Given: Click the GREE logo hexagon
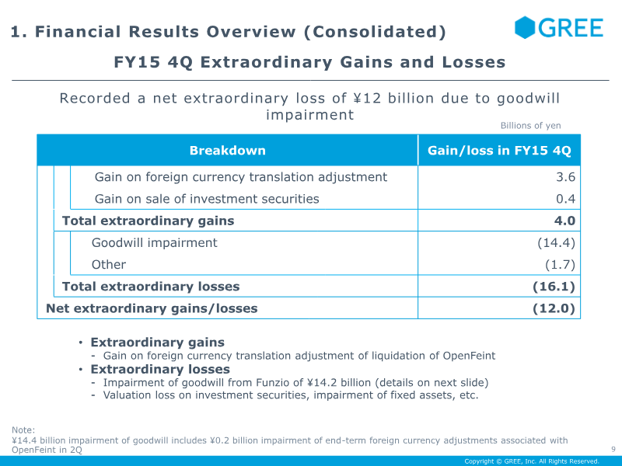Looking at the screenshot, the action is [x=524, y=27].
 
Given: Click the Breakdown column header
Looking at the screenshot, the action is [x=227, y=151].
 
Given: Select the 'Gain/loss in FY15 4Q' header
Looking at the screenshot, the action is [x=499, y=151].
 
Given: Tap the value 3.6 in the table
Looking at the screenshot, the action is [x=566, y=177].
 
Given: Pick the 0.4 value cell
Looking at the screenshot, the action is [x=566, y=199].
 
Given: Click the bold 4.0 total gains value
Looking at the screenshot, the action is [x=565, y=221].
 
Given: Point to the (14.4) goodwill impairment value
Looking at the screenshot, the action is [x=557, y=242].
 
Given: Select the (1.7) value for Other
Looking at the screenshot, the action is [x=560, y=264].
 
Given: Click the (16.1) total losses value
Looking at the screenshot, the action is [x=554, y=287].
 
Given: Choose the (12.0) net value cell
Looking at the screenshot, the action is [x=554, y=308].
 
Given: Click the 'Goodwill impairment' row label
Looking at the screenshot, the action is [x=154, y=242].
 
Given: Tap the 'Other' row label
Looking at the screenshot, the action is [x=109, y=264].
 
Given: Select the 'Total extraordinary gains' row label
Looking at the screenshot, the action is [x=148, y=221].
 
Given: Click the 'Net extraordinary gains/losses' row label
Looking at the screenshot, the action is [x=152, y=308].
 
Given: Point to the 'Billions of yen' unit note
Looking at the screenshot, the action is [x=530, y=126].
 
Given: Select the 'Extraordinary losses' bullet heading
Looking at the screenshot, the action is [x=160, y=370].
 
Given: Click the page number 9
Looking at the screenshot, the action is [x=613, y=449].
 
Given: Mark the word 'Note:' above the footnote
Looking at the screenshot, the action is [x=23, y=430].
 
